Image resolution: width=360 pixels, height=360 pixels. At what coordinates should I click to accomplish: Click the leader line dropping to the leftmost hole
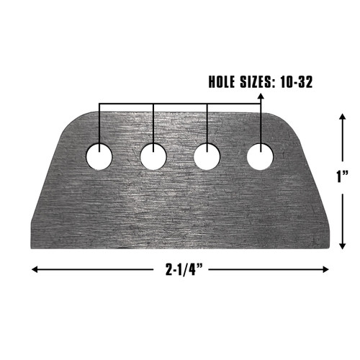coord(99,122)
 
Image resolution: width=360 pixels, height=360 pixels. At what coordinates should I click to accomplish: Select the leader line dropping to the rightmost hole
coord(260,122)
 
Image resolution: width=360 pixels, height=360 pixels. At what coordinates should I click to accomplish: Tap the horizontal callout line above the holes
coord(180,104)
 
